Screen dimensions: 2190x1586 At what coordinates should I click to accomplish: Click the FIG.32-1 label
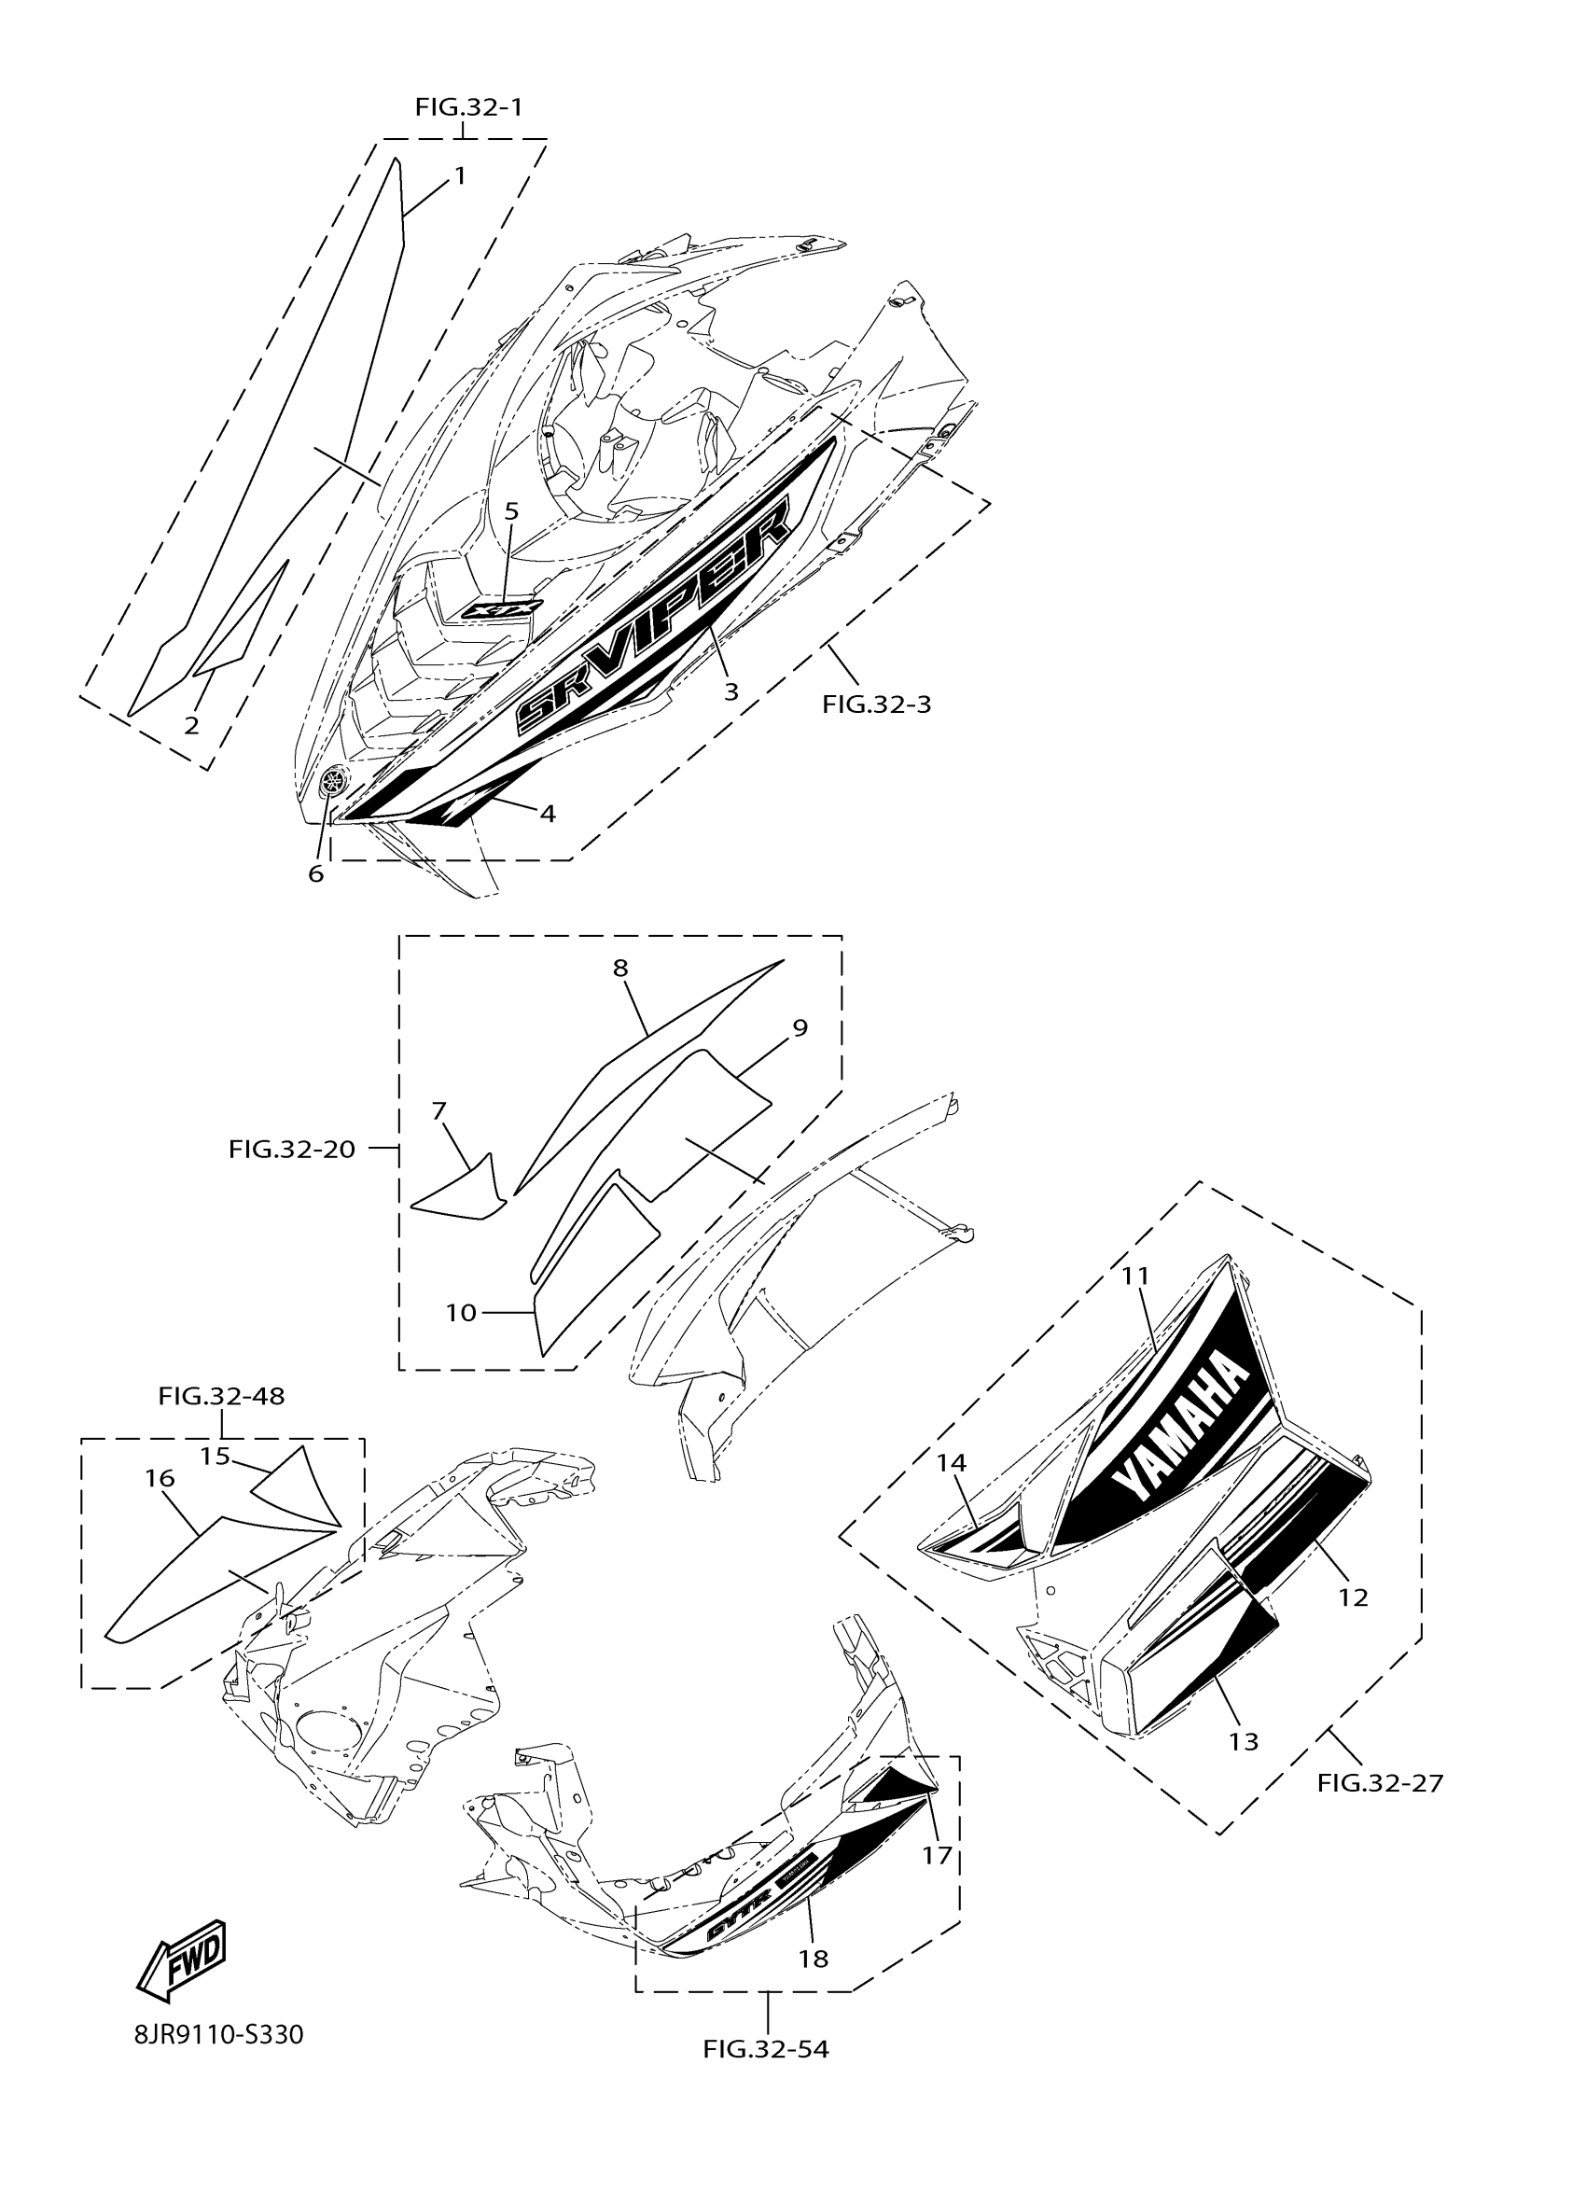(x=468, y=107)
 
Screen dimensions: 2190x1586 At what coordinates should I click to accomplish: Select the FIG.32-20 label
(x=291, y=1149)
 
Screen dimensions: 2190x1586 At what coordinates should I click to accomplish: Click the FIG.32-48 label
(x=221, y=1396)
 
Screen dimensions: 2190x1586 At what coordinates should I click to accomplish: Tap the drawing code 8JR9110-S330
(x=219, y=2035)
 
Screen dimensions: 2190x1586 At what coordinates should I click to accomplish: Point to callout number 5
(x=511, y=510)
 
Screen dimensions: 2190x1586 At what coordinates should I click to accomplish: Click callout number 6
(x=315, y=874)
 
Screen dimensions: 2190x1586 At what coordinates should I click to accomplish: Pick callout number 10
(x=461, y=1312)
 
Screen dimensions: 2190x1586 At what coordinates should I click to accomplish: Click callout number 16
(x=160, y=1477)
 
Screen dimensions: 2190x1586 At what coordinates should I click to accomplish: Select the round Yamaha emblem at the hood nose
(x=335, y=779)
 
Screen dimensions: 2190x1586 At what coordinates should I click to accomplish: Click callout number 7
(x=439, y=1111)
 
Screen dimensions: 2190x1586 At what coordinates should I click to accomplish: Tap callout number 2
(x=191, y=724)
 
